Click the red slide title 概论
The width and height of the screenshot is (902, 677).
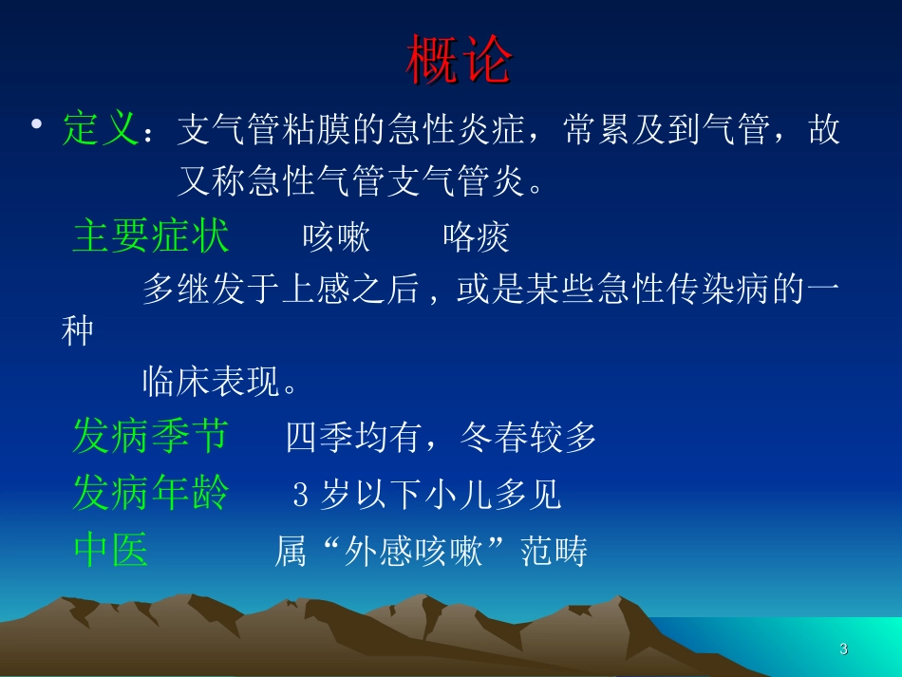coord(460,62)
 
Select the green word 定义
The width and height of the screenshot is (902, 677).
coord(101,128)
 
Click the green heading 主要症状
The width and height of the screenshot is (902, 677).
coord(151,235)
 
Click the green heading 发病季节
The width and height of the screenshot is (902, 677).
coord(151,436)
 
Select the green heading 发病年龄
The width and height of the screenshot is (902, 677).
coord(151,493)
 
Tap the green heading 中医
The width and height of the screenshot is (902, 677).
coord(111,550)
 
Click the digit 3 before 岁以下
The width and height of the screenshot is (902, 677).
coord(301,495)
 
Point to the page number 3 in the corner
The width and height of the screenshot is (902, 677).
coord(843,649)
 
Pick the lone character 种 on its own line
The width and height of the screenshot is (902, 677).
coord(77,332)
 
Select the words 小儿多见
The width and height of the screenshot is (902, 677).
coord(492,495)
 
